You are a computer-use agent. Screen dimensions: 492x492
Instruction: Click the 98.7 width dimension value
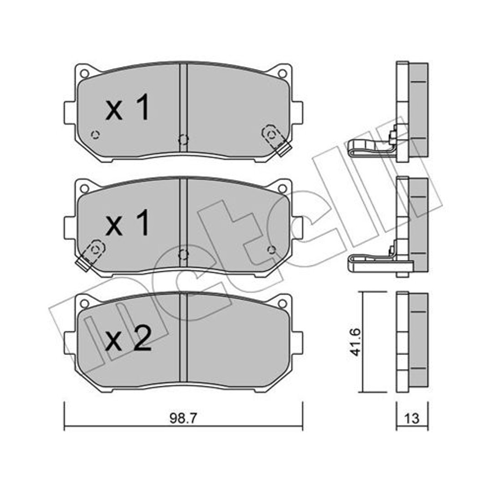click(183, 418)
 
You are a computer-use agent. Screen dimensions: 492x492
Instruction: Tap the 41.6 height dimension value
click(355, 342)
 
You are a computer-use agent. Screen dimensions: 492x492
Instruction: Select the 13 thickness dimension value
click(412, 418)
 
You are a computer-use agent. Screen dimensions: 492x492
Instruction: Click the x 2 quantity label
click(128, 338)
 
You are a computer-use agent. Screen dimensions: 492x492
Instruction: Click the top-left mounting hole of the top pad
click(84, 74)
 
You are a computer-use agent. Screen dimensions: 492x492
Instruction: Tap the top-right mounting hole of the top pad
click(282, 74)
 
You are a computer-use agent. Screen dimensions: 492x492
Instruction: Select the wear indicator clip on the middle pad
click(91, 255)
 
